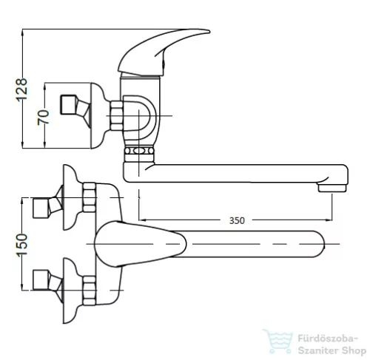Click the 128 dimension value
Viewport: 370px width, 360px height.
21,89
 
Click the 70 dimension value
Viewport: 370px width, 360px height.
43,118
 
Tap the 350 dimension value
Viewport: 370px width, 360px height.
237,220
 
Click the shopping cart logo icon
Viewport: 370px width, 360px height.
278,342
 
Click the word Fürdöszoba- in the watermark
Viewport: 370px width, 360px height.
327,339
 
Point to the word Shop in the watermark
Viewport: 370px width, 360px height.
354,350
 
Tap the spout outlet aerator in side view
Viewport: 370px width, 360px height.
332,189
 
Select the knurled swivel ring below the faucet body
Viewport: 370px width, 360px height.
139,151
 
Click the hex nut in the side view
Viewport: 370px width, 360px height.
116,115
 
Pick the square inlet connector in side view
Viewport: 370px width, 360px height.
68,104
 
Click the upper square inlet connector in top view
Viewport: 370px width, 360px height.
41,208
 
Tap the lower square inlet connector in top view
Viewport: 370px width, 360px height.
41,280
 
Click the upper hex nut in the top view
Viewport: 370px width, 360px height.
89,197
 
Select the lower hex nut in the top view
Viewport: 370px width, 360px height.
89,291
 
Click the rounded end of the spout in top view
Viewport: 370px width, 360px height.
320,244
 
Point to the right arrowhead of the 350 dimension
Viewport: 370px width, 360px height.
329,220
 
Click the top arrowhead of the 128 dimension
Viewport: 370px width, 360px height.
22,32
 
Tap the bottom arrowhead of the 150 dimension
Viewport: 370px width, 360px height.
22,287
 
